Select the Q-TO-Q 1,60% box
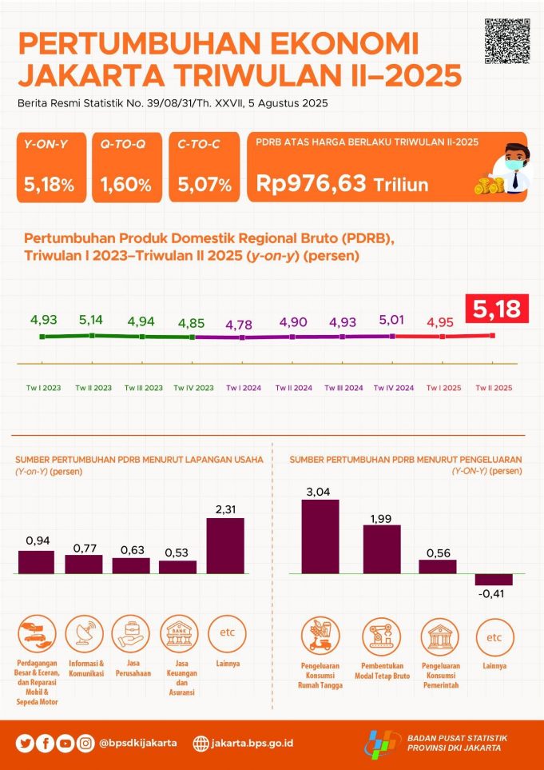[126, 166]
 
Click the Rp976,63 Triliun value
[343, 184]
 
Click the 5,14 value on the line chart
[95, 320]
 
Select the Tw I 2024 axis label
[244, 388]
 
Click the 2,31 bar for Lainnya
[225, 546]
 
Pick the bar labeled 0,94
[36, 562]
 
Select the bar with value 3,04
[320, 537]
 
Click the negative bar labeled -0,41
[494, 580]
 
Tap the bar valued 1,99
[382, 549]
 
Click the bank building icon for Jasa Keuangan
[178, 635]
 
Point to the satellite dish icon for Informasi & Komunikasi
[84, 635]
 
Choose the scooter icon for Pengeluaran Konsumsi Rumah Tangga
[320, 637]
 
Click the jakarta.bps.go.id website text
[252, 743]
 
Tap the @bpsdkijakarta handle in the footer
[138, 743]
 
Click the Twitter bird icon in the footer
[26, 743]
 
